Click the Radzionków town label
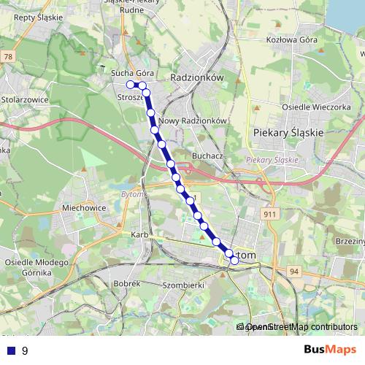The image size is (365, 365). tap(195, 76)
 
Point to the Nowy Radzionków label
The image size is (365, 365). tap(194, 120)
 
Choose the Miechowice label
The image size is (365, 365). tap(84, 208)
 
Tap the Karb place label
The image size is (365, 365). tap(139, 235)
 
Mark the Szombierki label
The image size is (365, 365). tap(183, 285)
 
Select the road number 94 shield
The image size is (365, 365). tap(295, 271)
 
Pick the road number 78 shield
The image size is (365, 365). tap(7, 56)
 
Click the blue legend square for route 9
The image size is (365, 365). tap(9, 350)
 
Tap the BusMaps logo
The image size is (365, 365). tap(330, 350)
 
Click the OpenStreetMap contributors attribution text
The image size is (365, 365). tap(300, 327)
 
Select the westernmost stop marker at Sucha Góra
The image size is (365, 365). tap(131, 85)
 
